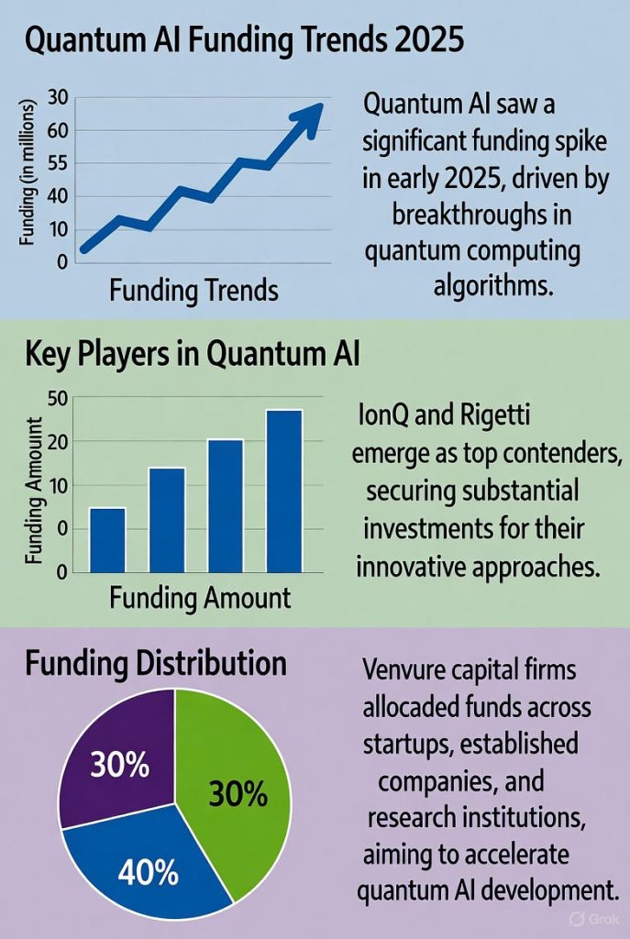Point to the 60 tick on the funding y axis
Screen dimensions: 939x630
click(x=58, y=131)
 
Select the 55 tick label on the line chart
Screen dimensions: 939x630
click(x=58, y=164)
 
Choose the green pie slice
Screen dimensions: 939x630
click(x=234, y=779)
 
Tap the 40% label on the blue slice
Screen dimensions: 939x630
click(x=148, y=872)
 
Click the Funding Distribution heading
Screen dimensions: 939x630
click(x=155, y=663)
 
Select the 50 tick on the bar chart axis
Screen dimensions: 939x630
click(x=57, y=399)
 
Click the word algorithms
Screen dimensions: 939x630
click(x=494, y=286)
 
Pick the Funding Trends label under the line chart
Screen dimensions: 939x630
click(x=193, y=292)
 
